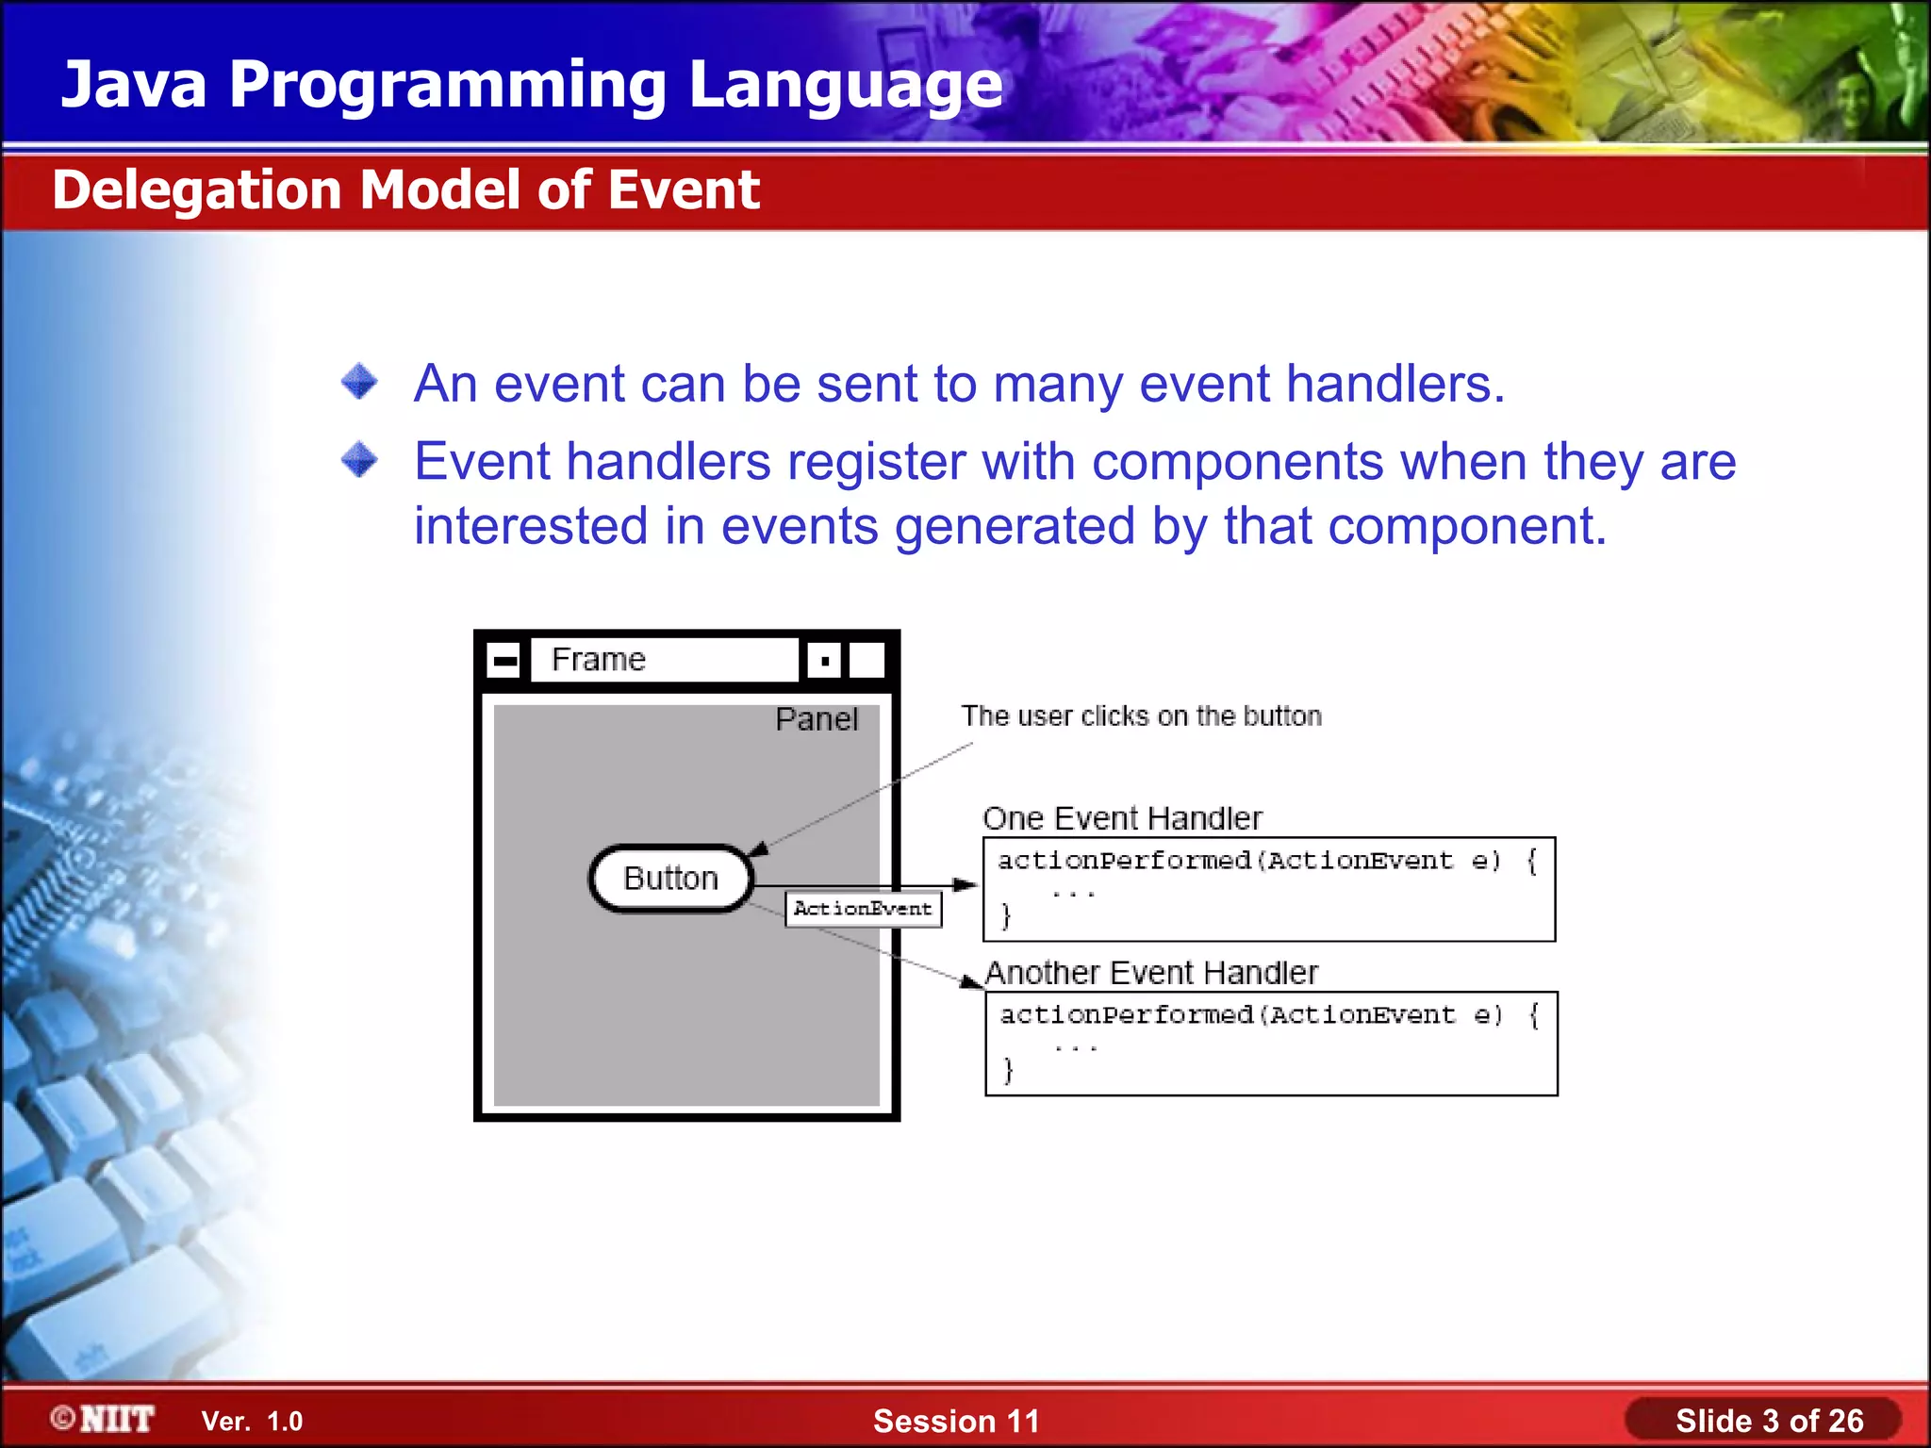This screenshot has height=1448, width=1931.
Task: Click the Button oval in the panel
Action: pos(670,879)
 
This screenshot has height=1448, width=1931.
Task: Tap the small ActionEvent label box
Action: pos(863,909)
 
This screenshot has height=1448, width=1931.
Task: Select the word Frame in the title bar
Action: pos(598,659)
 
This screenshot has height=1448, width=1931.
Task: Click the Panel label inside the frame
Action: pos(816,719)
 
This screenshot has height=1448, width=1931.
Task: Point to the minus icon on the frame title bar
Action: pos(504,660)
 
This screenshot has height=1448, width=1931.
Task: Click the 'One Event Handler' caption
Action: pos(1121,818)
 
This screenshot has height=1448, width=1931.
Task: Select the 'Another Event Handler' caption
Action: pos(1150,972)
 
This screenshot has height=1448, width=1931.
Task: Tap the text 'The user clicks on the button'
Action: pos(1141,716)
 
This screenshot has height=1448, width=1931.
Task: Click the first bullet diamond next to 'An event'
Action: pos(359,382)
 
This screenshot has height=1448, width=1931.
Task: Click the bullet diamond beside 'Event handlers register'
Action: pos(359,460)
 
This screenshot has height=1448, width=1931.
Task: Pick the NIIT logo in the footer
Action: pos(104,1419)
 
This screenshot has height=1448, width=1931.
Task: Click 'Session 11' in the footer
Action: pos(955,1421)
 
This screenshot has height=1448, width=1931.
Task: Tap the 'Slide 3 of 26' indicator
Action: pos(1769,1421)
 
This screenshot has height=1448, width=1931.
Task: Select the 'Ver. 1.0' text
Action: pos(252,1422)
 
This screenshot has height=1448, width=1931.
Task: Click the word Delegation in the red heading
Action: pos(196,189)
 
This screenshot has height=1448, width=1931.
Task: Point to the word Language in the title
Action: pos(845,85)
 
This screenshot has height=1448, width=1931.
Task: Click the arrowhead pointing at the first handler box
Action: pos(965,884)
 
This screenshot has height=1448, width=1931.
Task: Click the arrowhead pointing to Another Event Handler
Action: pos(971,981)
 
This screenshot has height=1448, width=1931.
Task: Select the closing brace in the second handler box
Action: pos(1008,1069)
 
